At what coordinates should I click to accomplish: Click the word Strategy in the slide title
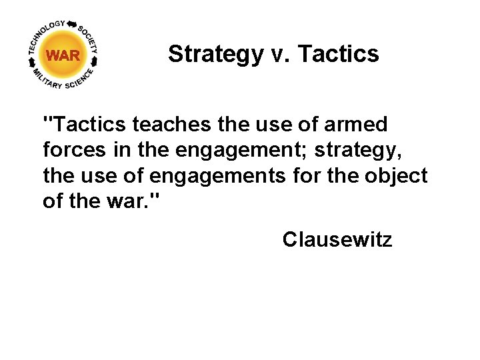215,54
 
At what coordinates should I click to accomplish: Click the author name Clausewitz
337,239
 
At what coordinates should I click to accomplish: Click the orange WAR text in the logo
63,56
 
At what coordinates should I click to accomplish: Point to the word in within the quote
122,150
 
